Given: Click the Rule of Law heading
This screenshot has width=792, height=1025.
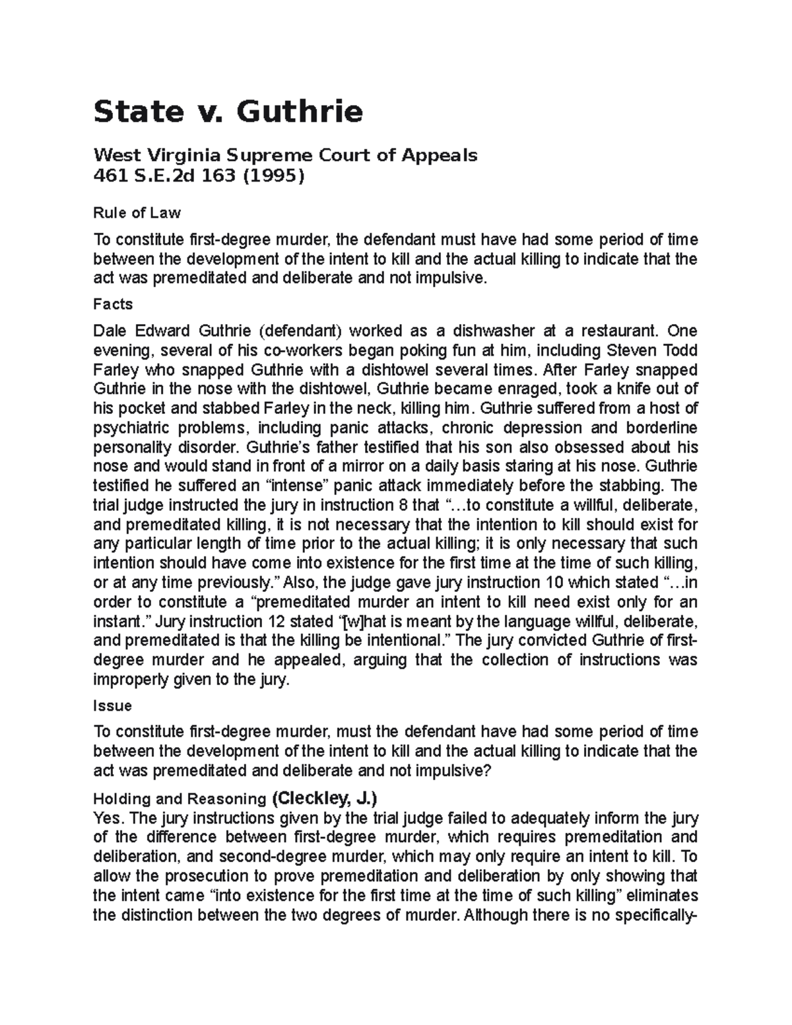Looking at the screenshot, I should click(137, 213).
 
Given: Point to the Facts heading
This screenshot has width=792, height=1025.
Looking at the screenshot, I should click(113, 304).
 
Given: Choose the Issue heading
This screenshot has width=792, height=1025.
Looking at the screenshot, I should click(112, 706).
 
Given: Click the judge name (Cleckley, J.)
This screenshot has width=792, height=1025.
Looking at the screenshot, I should click(324, 799).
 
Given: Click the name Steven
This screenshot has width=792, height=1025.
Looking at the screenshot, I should click(632, 350).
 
